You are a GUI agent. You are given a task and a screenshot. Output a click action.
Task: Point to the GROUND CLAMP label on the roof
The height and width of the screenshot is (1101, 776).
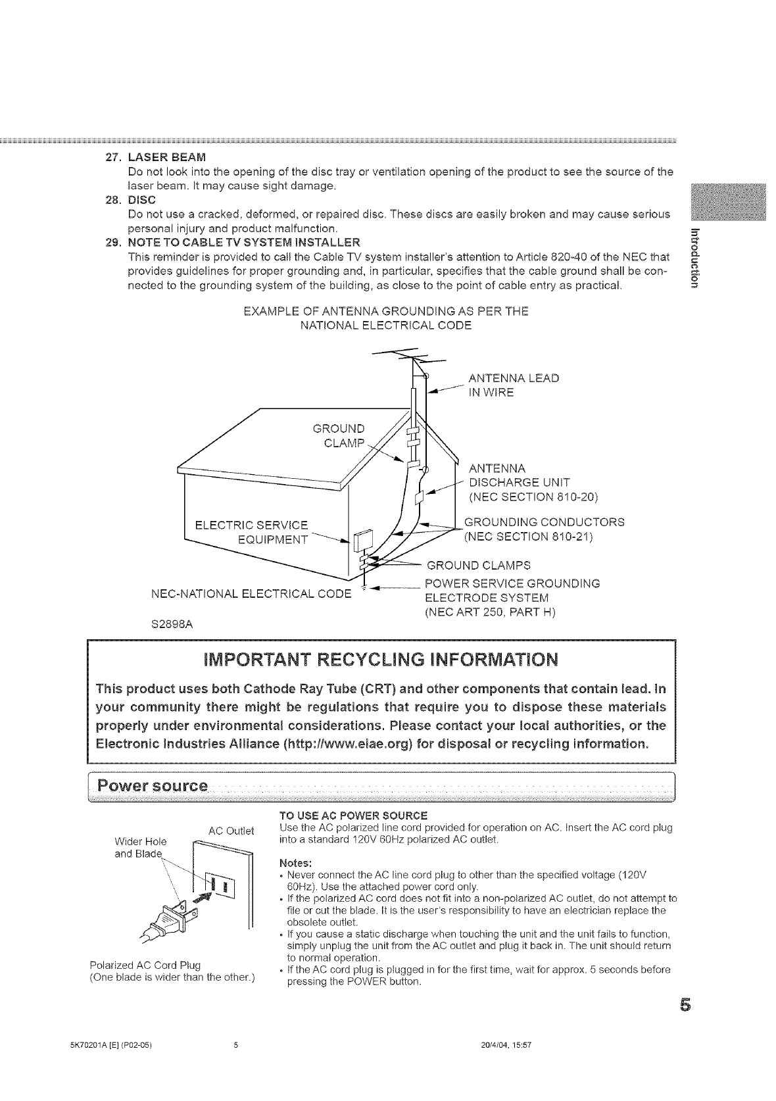click(338, 435)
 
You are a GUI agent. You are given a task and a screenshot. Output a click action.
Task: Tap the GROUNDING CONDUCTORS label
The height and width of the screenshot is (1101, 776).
click(544, 522)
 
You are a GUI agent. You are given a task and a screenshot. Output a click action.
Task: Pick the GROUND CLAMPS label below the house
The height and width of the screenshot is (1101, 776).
click(478, 565)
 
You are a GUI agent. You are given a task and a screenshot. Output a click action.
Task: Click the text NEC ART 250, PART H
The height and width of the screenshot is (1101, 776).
click(491, 612)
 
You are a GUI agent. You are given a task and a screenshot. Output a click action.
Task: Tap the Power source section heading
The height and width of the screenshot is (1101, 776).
click(153, 786)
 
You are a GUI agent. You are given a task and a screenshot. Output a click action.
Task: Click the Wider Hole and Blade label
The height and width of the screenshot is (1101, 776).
click(140, 847)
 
